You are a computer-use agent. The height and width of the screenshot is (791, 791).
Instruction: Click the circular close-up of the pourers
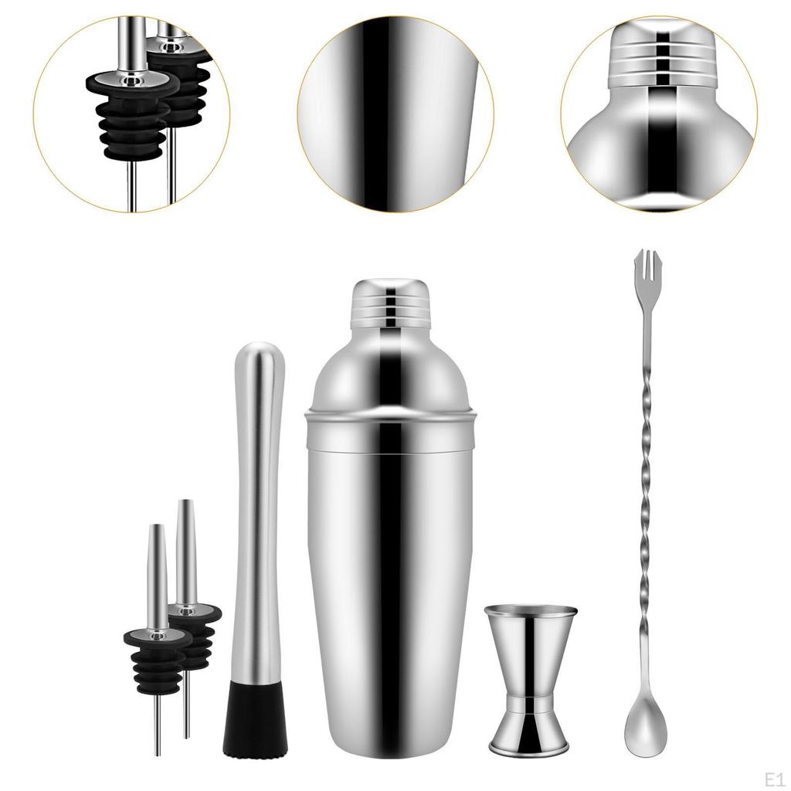tap(132, 114)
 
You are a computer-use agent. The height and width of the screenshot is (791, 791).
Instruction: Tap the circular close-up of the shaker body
tap(395, 114)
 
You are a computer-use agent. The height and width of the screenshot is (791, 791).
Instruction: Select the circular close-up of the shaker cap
tap(659, 114)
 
